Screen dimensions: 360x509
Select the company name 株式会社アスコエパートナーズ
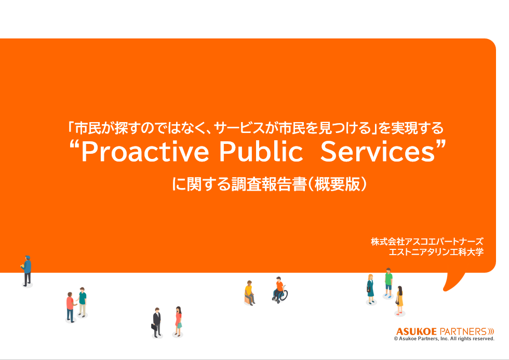[x=427, y=242]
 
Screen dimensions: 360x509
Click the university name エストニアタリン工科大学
[x=436, y=252]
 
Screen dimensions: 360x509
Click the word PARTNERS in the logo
[x=463, y=331]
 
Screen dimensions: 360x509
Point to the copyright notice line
[x=444, y=339]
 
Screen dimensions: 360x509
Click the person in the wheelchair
[x=279, y=290]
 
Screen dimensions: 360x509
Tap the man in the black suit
[x=157, y=322]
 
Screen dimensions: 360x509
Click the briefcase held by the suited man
[x=153, y=327]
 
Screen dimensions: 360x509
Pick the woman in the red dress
[x=178, y=319]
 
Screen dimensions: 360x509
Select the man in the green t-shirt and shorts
[x=388, y=283]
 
